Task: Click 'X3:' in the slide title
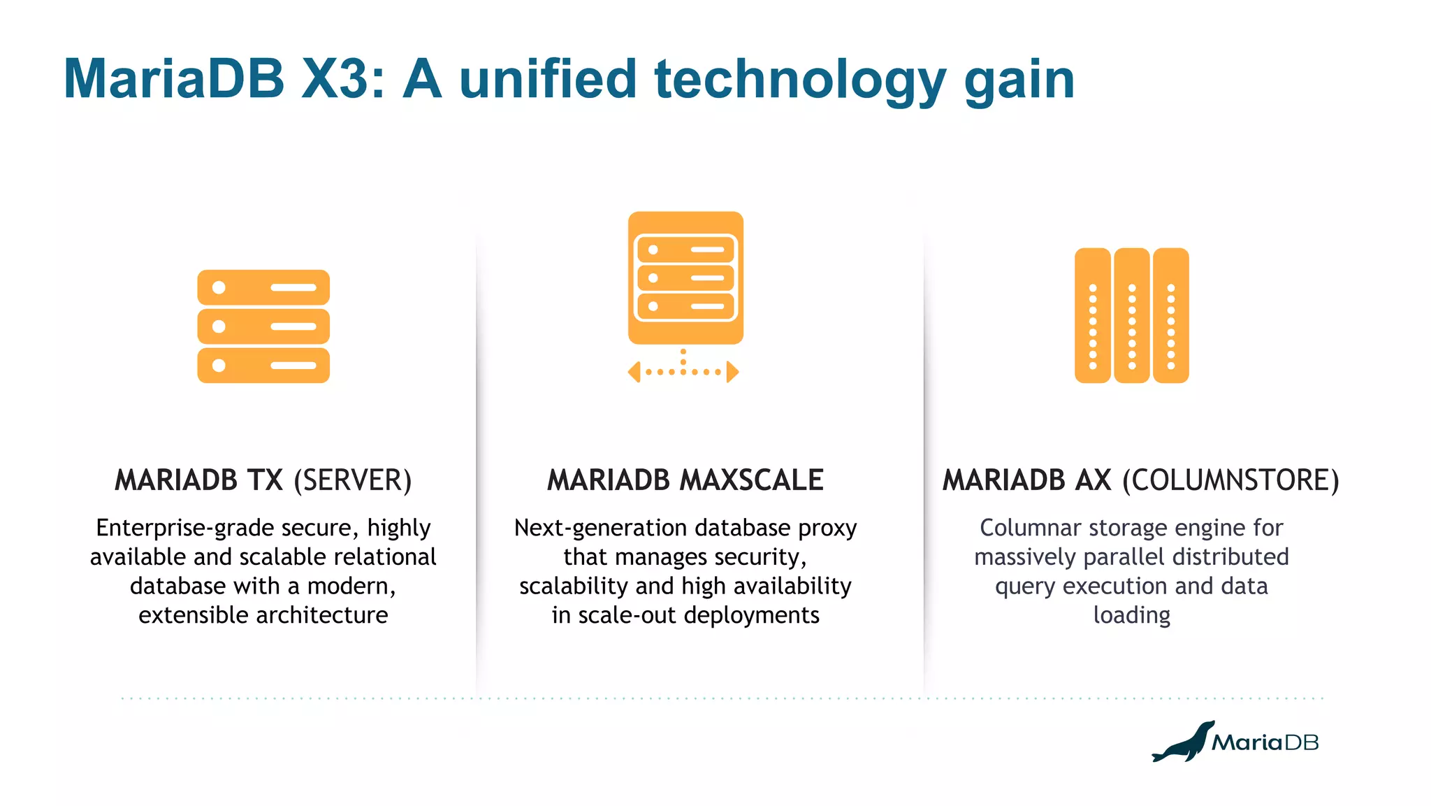342,78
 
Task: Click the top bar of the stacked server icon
263,287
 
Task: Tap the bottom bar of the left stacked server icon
263,366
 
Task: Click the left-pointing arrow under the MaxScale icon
634,372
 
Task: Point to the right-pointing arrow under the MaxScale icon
732,372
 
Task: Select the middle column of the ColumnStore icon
1131,316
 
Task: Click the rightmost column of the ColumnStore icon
1170,316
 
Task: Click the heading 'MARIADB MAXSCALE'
685,481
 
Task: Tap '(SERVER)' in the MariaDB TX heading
352,481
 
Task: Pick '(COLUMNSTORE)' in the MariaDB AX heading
1230,481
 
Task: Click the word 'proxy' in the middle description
827,528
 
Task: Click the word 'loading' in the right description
1131,615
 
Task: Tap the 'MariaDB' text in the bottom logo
1265,742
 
